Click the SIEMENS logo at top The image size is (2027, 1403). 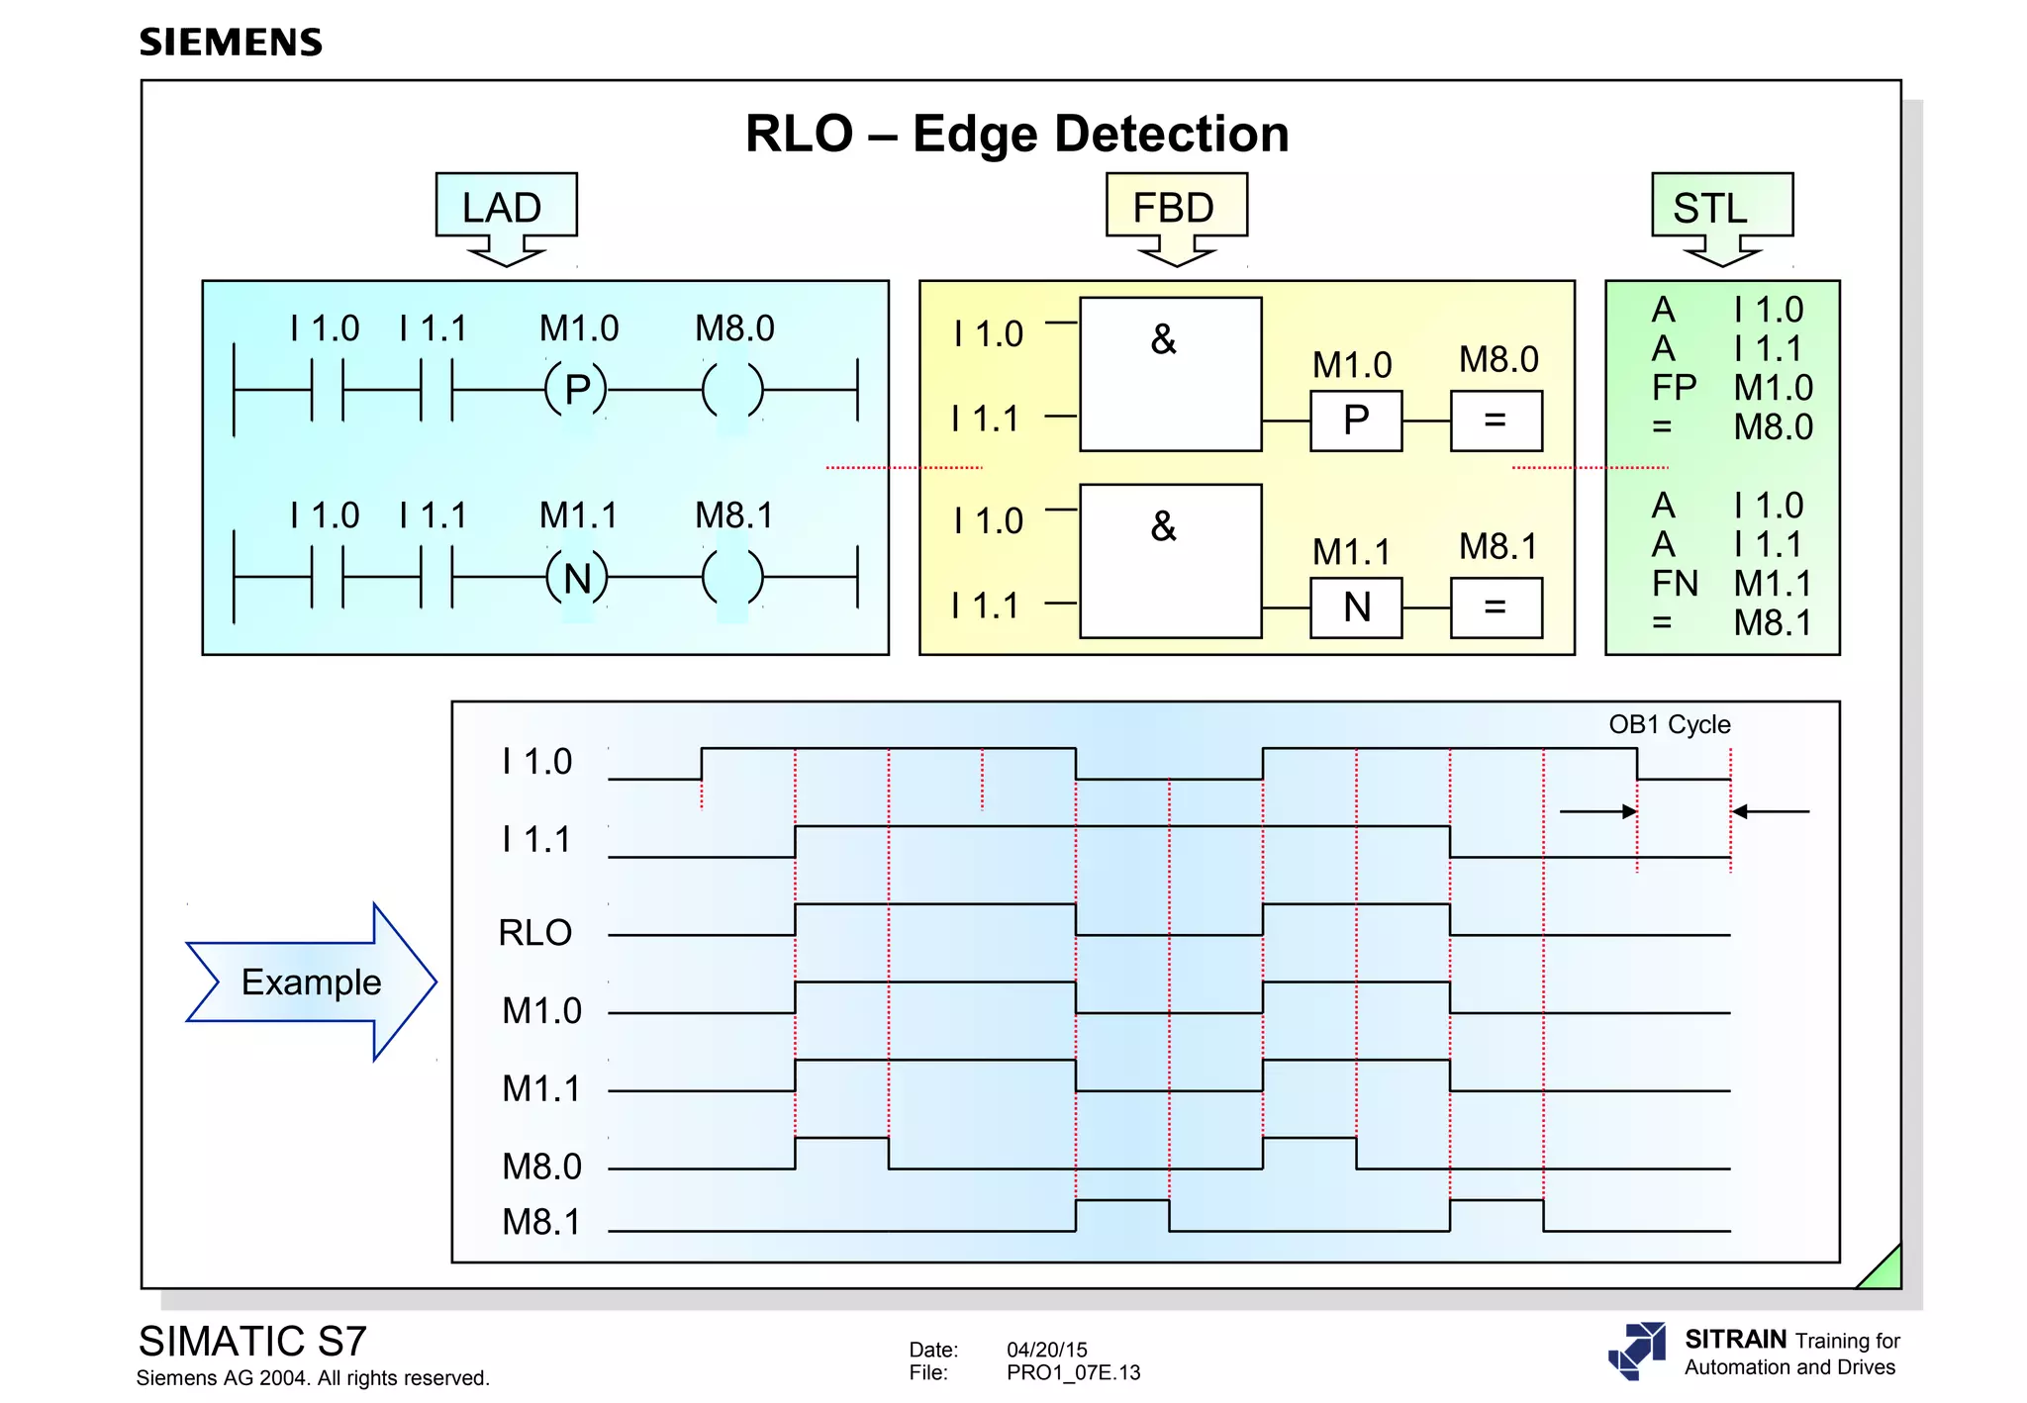231,43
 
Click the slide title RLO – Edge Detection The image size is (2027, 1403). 1016,134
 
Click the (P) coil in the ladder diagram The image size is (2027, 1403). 577,390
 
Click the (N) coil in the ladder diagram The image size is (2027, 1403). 577,578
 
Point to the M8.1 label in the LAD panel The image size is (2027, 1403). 733,515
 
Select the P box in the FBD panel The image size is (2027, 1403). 1355,421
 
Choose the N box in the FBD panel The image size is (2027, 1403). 1355,608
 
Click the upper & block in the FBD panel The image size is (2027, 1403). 1170,374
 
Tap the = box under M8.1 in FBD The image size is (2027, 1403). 1496,608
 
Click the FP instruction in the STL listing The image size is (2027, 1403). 1674,388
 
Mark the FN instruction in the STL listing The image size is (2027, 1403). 1674,584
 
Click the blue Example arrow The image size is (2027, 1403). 311,982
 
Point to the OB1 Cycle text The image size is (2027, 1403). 1669,724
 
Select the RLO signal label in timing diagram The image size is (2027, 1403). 534,933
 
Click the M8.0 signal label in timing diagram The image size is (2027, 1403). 541,1167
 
